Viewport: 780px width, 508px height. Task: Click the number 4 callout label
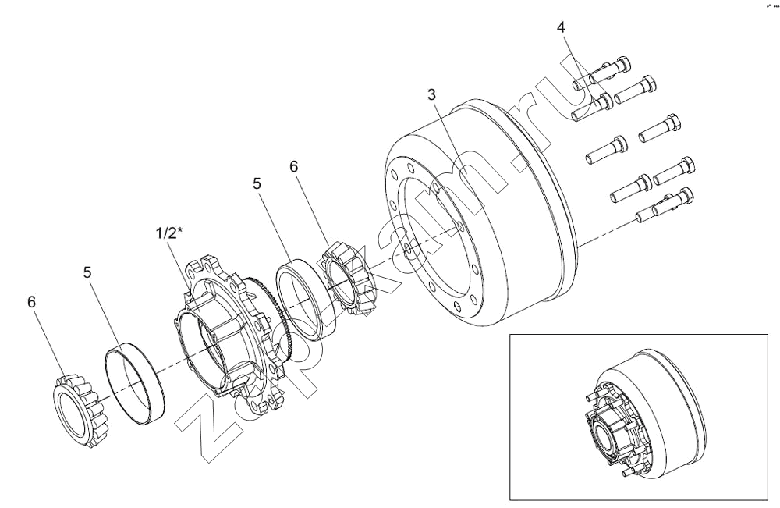point(561,27)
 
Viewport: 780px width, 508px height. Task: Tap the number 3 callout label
point(432,94)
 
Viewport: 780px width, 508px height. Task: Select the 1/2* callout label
point(167,233)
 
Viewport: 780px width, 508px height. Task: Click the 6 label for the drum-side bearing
point(293,167)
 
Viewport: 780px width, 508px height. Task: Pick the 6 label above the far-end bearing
point(32,302)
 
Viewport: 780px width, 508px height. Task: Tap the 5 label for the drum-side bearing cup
point(257,183)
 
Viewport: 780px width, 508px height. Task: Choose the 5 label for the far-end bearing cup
point(87,272)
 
